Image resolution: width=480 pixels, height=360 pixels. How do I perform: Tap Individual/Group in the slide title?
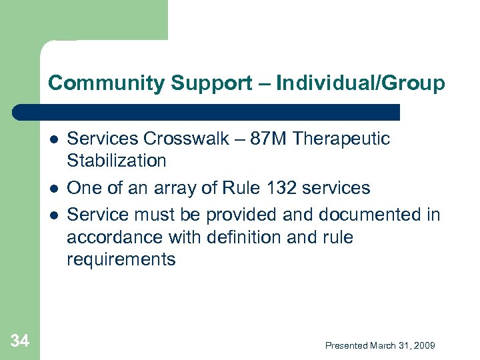pos(361,83)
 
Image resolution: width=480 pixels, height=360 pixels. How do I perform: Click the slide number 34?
pos(20,342)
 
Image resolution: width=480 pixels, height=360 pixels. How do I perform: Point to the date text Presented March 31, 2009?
pos(380,345)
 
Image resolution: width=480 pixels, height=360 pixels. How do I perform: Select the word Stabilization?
pos(117,161)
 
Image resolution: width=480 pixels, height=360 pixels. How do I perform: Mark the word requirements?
pos(121,259)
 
